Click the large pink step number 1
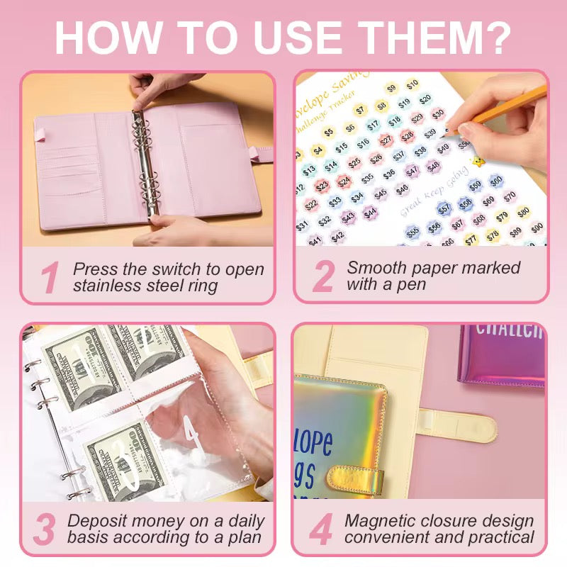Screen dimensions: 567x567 (x=49, y=277)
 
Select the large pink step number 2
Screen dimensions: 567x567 (x=322, y=276)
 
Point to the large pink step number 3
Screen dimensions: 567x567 (x=45, y=529)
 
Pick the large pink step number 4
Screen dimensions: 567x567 (x=320, y=529)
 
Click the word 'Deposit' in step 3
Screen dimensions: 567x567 (x=99, y=521)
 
